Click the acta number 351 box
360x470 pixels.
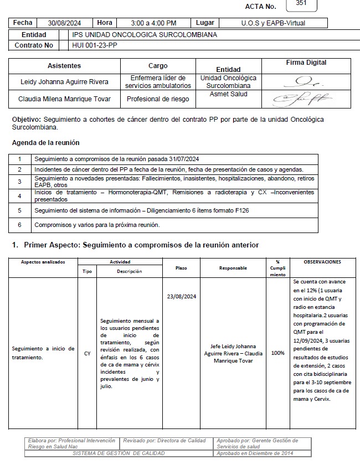pos(301,4)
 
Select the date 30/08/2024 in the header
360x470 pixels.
pos(65,23)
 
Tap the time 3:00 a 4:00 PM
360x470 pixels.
pos(154,23)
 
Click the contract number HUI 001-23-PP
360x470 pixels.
pos(95,45)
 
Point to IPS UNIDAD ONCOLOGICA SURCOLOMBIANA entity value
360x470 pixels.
pos(145,34)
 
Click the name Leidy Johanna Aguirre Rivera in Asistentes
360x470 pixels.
pos(64,82)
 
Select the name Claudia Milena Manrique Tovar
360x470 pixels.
pos(64,99)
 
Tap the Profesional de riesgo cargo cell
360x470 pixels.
pos(158,99)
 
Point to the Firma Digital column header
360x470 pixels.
pos(306,63)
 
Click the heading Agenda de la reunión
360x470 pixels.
pos(45,143)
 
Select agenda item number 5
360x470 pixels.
pos(19,210)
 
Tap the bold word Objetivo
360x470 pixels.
pos(26,120)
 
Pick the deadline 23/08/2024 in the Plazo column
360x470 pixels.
pos(181,297)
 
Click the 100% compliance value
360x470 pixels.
pos(277,353)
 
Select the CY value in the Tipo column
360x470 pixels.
pos(87,353)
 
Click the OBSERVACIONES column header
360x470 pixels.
pos(322,262)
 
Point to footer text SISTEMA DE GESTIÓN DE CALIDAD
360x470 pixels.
pos(119,453)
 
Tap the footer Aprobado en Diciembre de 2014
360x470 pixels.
pos(255,453)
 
